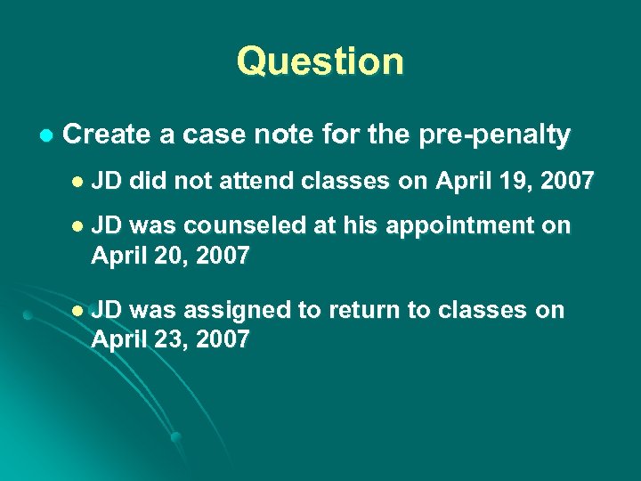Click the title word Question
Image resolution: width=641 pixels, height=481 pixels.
(320, 61)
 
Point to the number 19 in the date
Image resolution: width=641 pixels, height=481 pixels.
(507, 181)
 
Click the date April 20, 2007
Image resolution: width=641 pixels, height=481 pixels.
(169, 257)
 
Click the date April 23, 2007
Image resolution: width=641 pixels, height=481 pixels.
(169, 339)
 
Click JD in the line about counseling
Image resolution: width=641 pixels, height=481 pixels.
(109, 226)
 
